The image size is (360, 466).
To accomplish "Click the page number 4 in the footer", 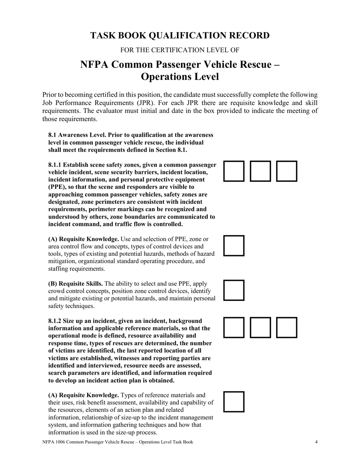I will (316, 442).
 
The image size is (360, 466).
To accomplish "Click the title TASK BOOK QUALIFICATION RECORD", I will (180, 36).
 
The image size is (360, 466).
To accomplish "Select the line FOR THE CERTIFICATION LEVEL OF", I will (180, 50).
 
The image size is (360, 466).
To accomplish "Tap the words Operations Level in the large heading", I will (180, 77).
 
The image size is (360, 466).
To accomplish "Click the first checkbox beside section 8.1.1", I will (234, 171).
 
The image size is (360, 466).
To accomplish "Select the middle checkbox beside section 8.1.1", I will (261, 171).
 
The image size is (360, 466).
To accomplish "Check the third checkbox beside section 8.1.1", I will (286, 171).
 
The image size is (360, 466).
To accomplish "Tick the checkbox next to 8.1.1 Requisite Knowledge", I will (234, 246).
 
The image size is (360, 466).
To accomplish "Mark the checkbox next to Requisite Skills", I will (234, 290).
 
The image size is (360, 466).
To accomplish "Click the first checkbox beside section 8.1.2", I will (234, 327).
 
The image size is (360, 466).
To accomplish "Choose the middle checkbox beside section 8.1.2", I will (261, 327).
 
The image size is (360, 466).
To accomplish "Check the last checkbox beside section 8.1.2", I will (286, 327).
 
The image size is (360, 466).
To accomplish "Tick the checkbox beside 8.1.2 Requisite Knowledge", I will (234, 402).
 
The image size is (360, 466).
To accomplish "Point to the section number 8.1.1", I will (55, 165).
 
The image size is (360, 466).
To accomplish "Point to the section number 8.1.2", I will (55, 321).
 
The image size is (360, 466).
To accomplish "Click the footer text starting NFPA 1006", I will (117, 442).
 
